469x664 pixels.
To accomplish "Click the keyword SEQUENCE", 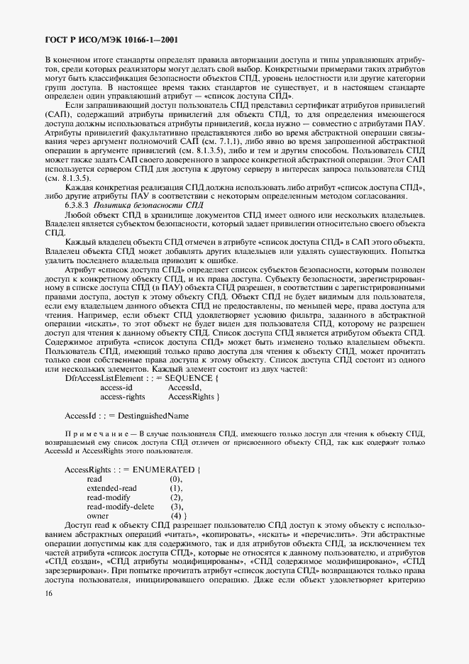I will [x=186, y=378].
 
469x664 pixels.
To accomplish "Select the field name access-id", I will [x=116, y=387].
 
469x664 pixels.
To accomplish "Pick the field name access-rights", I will [x=123, y=397].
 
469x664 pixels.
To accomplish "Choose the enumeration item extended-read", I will [x=111, y=489].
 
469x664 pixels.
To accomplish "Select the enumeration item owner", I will [x=98, y=516].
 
